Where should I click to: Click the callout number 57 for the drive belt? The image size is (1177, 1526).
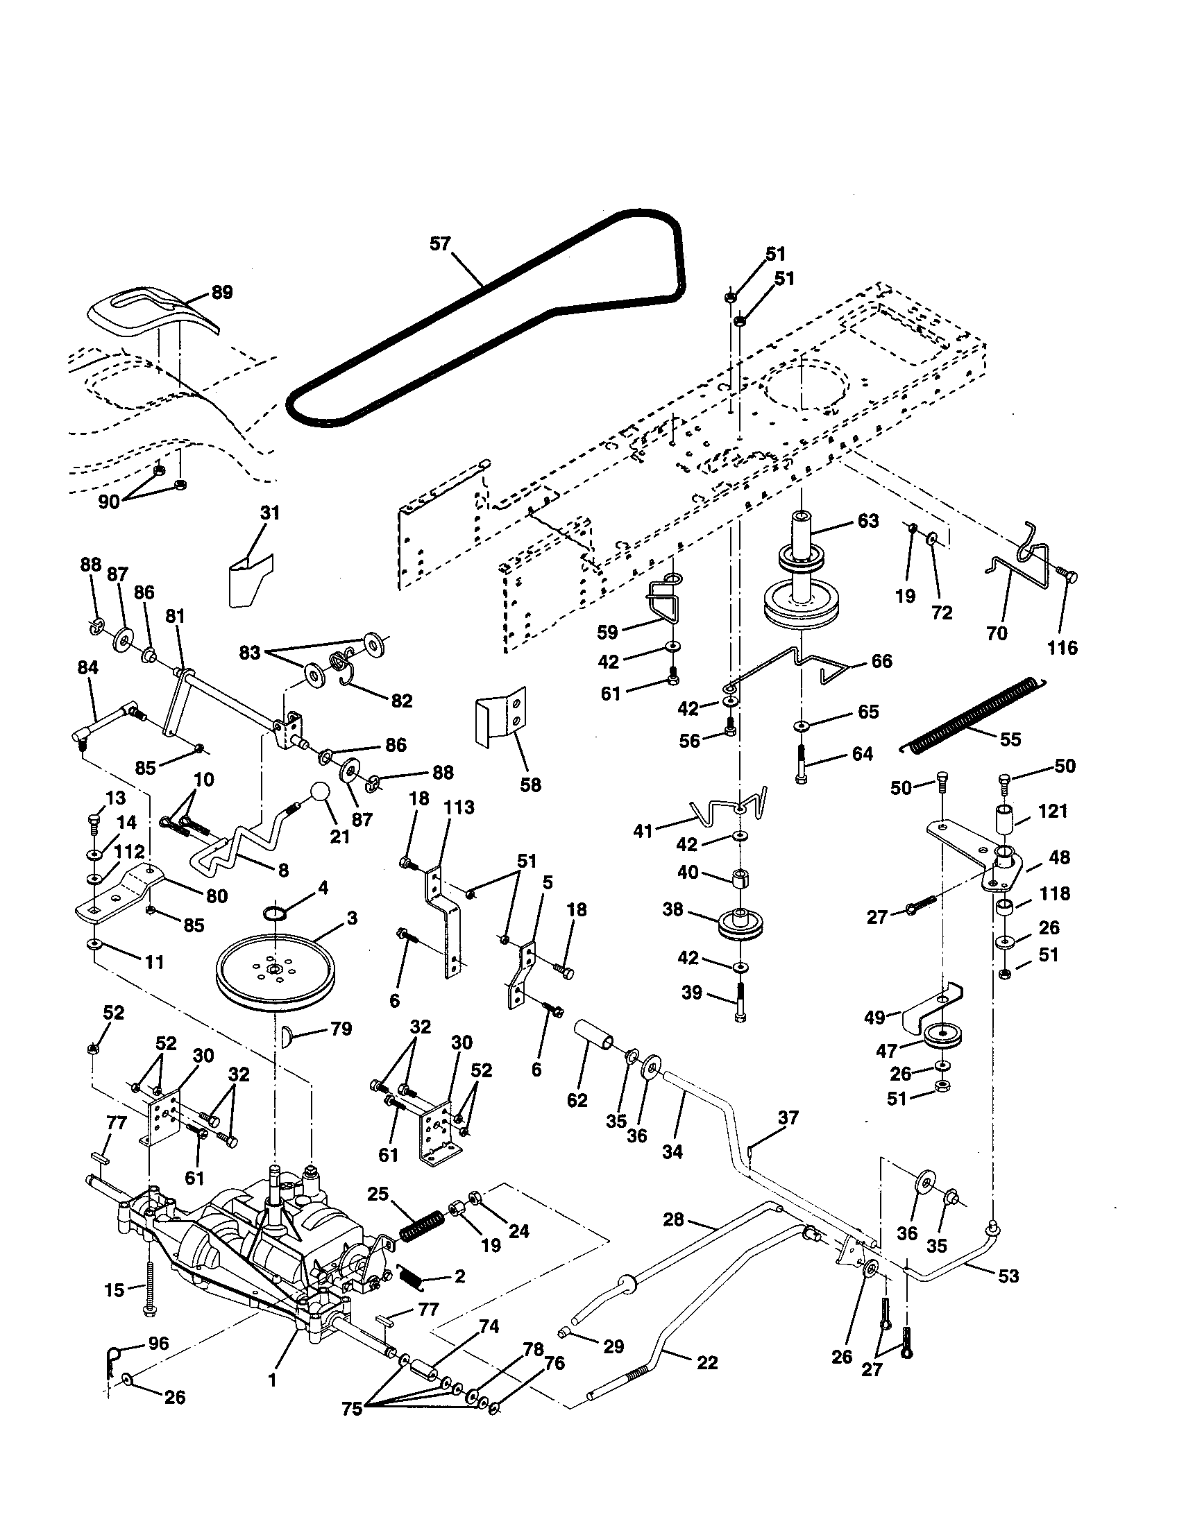click(440, 244)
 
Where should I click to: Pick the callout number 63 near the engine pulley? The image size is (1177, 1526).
click(867, 521)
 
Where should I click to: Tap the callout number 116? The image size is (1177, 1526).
click(1062, 648)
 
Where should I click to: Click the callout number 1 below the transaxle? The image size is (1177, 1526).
click(272, 1380)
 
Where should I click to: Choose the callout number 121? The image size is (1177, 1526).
click(1053, 812)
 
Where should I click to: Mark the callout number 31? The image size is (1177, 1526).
click(270, 513)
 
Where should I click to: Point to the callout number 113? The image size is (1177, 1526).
click(459, 807)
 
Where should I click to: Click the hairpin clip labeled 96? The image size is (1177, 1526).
click(112, 1357)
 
